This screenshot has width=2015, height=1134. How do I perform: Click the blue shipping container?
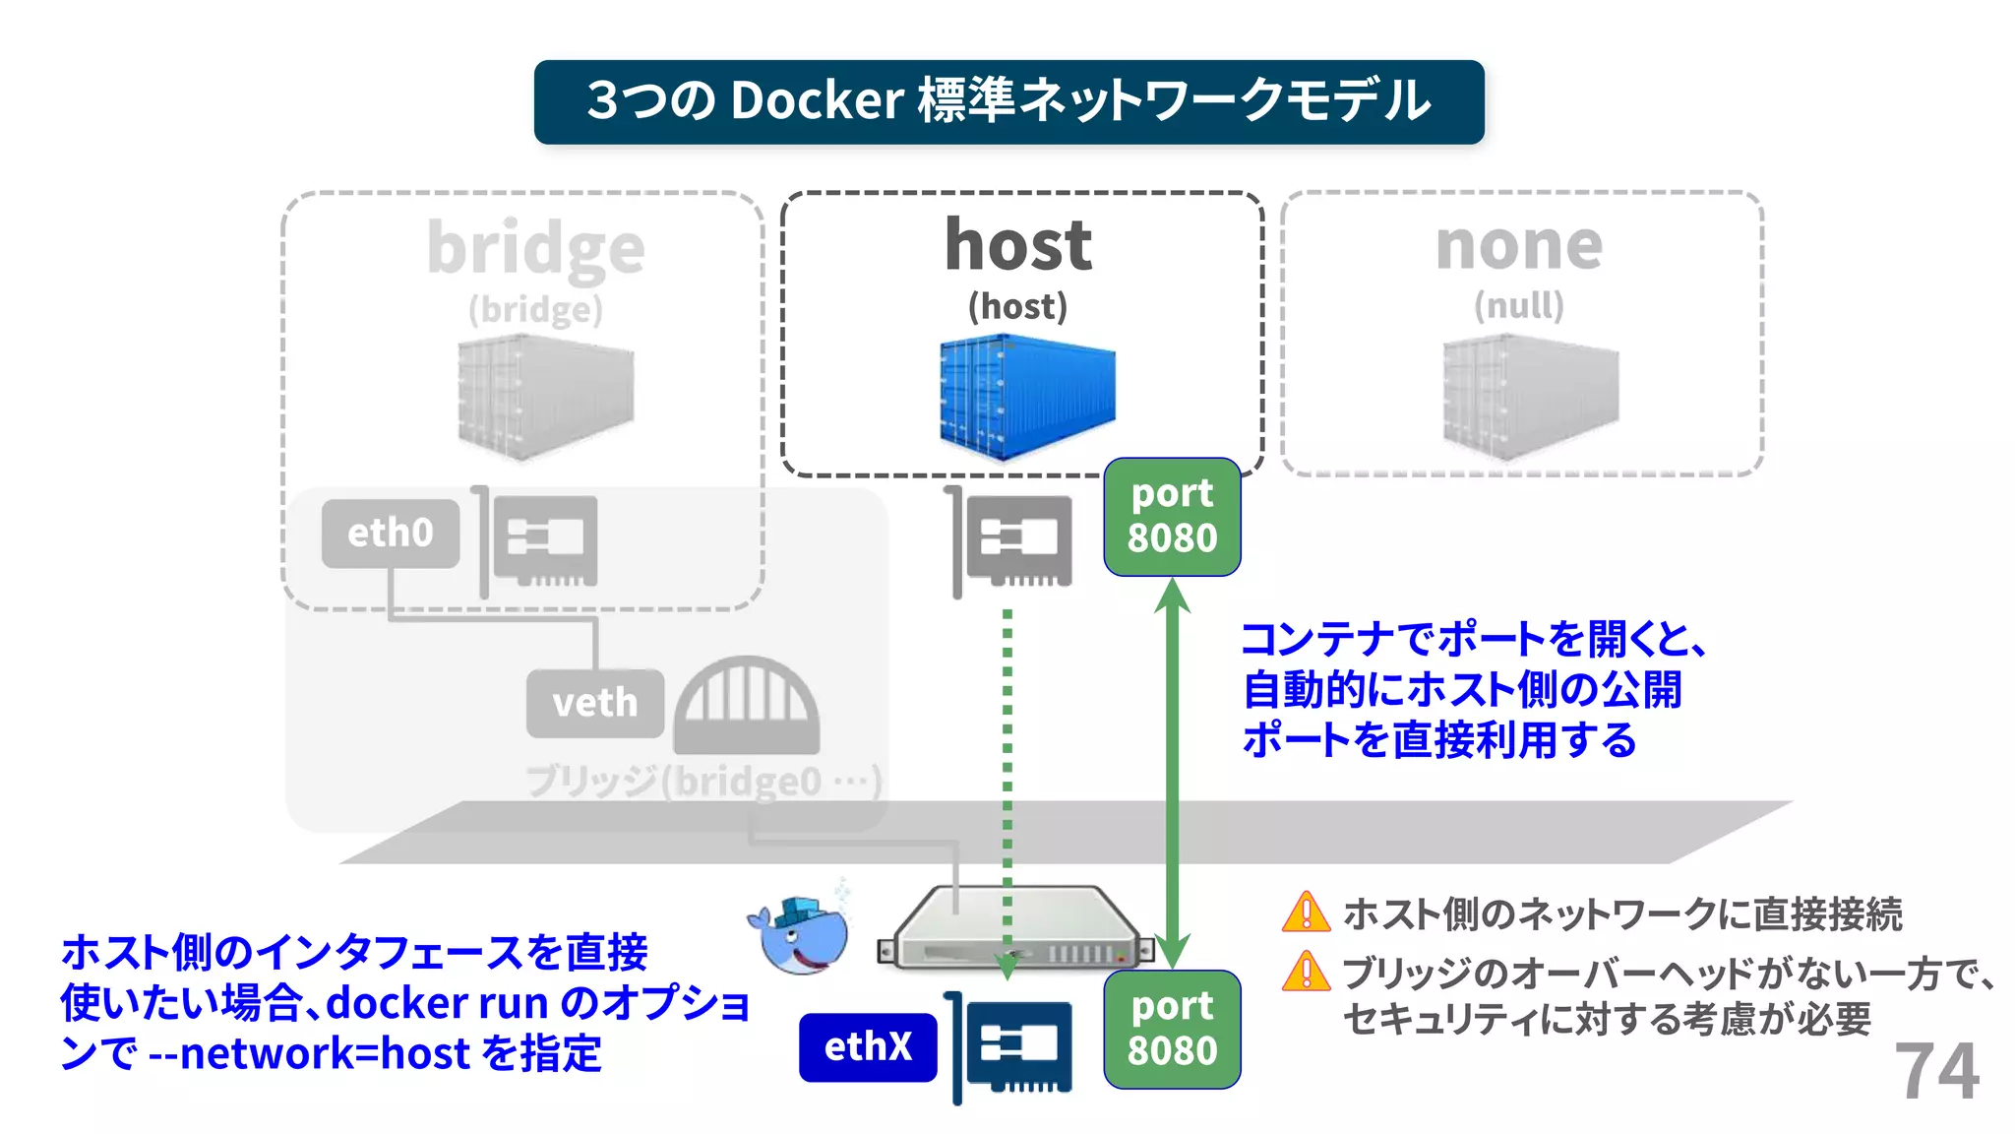(x=1026, y=397)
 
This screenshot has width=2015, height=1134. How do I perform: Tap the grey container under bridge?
(x=545, y=398)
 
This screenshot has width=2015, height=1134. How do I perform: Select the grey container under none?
(x=1530, y=398)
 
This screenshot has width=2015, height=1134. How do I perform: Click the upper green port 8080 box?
(x=1172, y=517)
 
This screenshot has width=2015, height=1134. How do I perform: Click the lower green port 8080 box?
(x=1172, y=1030)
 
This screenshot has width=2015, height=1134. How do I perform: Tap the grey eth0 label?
(x=391, y=534)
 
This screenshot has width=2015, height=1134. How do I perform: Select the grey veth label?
(x=595, y=704)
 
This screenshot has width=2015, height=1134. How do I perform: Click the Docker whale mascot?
(x=802, y=934)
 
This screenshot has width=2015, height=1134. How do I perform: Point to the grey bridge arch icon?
(x=747, y=706)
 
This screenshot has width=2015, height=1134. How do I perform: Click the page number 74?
(x=1935, y=1072)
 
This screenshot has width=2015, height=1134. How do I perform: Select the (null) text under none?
(x=1519, y=306)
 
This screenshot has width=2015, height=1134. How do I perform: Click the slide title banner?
(x=1008, y=101)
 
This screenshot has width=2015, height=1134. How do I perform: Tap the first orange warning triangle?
(x=1306, y=912)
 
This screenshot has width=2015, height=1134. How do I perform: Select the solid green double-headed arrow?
(x=1172, y=773)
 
